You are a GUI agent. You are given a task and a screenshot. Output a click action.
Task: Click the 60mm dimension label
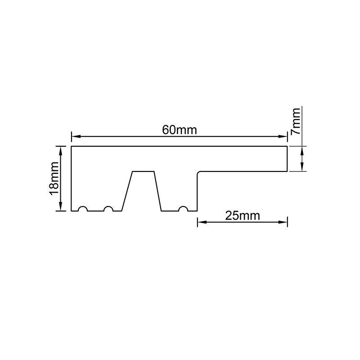(x=179, y=130)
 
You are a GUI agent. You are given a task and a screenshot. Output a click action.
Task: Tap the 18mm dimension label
(x=54, y=178)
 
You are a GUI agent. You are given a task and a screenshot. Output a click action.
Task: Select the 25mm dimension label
(x=243, y=216)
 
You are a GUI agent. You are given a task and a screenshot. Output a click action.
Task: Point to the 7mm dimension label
(x=296, y=121)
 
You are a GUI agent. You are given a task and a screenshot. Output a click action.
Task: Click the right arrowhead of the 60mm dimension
(x=283, y=136)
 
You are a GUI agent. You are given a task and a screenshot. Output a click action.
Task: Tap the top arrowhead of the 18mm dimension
(x=61, y=151)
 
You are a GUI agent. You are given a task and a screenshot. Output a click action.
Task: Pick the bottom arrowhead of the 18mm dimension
(x=61, y=206)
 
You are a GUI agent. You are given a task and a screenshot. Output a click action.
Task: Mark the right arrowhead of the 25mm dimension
(x=283, y=222)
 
